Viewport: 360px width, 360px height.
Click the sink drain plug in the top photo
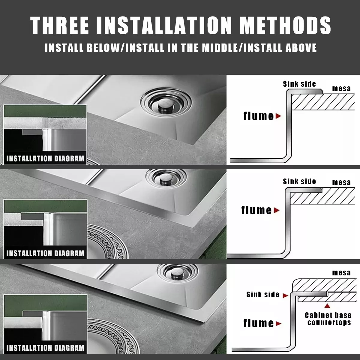165,103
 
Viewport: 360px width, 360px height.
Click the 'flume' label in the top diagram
259,116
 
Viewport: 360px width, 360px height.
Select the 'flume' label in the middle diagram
256,210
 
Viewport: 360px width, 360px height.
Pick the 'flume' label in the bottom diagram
259,323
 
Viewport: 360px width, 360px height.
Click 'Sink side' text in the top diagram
299,84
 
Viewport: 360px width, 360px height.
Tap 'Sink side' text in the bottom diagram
263,295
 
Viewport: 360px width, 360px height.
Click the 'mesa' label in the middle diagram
341,182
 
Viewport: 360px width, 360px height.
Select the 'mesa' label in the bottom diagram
341,273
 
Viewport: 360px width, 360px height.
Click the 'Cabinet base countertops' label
328,319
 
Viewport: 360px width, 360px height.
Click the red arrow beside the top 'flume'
278,116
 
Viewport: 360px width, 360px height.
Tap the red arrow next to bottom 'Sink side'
286,295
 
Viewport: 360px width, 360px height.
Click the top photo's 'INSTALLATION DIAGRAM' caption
45,159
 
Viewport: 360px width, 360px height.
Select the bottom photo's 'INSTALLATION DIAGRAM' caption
45,348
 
